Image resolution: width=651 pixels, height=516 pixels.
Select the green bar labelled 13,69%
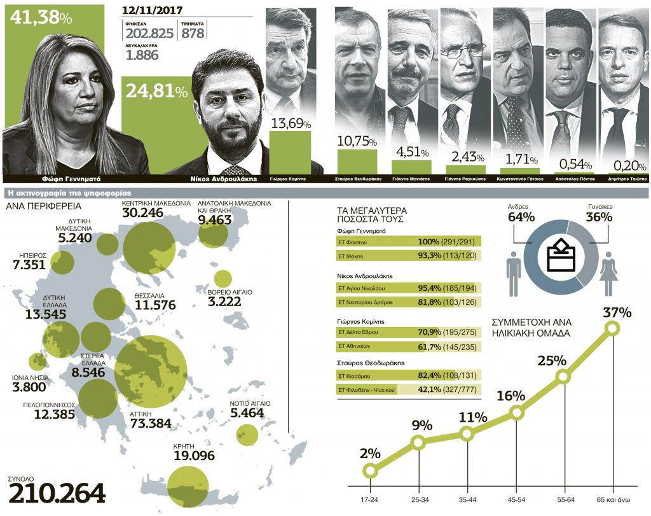point(289,151)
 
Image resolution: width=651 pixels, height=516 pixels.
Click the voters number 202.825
point(149,33)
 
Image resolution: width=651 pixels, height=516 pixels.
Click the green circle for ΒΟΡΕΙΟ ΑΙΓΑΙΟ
point(223,278)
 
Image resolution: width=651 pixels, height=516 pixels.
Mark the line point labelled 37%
point(612,328)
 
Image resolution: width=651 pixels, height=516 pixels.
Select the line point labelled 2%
point(370,470)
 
